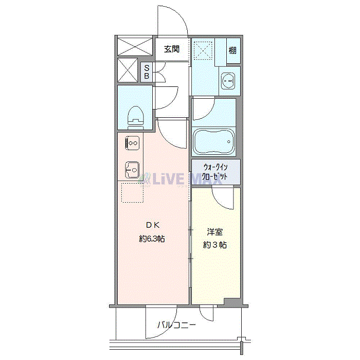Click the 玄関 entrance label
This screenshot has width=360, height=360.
tap(171, 49)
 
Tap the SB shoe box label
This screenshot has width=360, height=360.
tap(147, 72)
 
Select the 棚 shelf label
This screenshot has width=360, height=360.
tap(233, 50)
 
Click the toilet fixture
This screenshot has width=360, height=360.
tap(136, 116)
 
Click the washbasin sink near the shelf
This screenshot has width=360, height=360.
tap(227, 80)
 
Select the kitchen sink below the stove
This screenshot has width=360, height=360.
tap(131, 168)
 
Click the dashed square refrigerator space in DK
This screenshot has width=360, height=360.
tap(131, 194)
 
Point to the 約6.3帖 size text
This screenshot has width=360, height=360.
tap(152, 239)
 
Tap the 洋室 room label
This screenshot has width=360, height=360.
tap(214, 232)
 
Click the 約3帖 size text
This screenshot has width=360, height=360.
tap(214, 245)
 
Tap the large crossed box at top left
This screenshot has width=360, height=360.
tap(135, 45)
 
